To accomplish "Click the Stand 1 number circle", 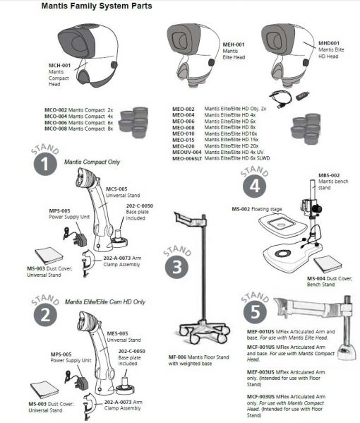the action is [45, 164].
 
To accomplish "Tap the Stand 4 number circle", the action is [255, 186].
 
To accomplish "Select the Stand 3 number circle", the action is [177, 267].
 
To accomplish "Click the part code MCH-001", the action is [59, 65].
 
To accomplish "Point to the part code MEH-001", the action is [234, 44].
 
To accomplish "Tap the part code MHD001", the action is [329, 43].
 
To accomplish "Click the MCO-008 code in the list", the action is [56, 129].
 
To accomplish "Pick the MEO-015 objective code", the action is [184, 140].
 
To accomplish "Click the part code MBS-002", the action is [329, 175].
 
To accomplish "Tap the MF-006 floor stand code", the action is [177, 357].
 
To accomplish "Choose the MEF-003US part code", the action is [260, 372].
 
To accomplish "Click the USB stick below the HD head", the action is [303, 96].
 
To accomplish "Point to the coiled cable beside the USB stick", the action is [281, 99].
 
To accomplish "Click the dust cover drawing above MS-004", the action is [328, 264].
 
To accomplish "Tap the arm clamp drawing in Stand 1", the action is [88, 263].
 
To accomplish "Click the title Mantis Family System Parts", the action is [97, 6].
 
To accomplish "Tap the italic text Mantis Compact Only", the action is [92, 162].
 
